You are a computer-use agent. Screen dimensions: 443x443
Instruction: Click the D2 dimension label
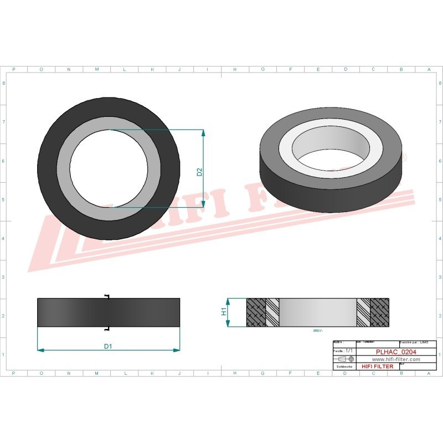(200, 172)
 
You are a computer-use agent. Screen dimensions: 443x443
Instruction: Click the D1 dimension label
(109, 346)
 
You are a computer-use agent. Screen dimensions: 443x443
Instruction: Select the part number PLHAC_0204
(395, 351)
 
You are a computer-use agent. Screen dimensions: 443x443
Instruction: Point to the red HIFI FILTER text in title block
(377, 366)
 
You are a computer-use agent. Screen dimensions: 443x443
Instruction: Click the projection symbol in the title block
(346, 359)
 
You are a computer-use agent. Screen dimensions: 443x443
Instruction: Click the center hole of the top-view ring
(109, 169)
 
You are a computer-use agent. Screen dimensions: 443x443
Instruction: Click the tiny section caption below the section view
(318, 331)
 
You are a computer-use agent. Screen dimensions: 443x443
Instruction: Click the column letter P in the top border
(13, 70)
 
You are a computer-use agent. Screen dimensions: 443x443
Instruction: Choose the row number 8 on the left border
(4, 83)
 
